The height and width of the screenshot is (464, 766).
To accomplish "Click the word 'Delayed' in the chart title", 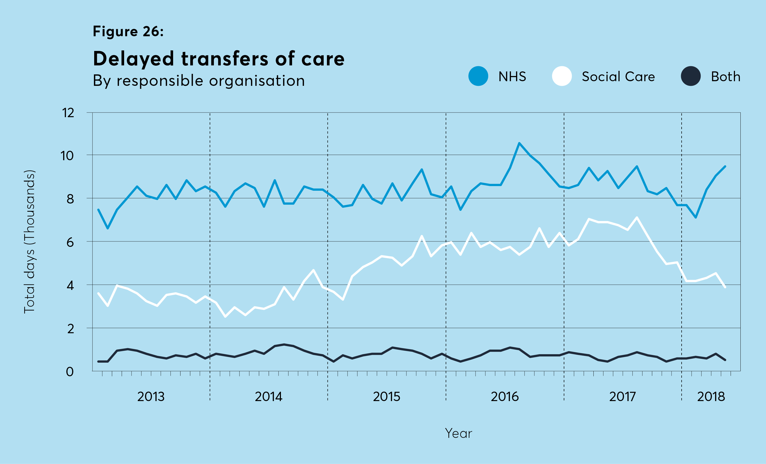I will pyautogui.click(x=133, y=59).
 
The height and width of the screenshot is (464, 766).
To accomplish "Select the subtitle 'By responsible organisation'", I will pyautogui.click(x=199, y=81).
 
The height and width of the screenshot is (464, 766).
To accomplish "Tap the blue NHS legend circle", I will pyautogui.click(x=478, y=76).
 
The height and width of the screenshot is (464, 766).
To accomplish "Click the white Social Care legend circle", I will pyautogui.click(x=562, y=76).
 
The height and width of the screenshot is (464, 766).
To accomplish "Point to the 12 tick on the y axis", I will pyautogui.click(x=68, y=113).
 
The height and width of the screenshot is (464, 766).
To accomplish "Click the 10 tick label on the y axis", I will pyautogui.click(x=67, y=156).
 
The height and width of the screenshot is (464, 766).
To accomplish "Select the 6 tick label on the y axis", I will pyautogui.click(x=70, y=242).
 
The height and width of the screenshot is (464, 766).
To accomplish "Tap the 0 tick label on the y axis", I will pyautogui.click(x=70, y=372).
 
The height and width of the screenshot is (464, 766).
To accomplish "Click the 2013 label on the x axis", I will pyautogui.click(x=151, y=396).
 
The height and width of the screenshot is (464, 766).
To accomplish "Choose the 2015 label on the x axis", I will pyautogui.click(x=387, y=396).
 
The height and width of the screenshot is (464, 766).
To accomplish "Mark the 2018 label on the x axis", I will pyautogui.click(x=711, y=396).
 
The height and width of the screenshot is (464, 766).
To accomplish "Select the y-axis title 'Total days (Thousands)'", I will pyautogui.click(x=29, y=241).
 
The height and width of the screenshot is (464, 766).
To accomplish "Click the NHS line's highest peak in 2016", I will pyautogui.click(x=519, y=143).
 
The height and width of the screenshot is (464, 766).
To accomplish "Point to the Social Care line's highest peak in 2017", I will pyautogui.click(x=637, y=217).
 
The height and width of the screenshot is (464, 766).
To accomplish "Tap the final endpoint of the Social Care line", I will pyautogui.click(x=725, y=287).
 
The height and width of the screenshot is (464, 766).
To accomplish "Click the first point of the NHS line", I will pyautogui.click(x=98, y=210).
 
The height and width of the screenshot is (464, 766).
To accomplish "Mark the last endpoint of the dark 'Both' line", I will pyautogui.click(x=725, y=360).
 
